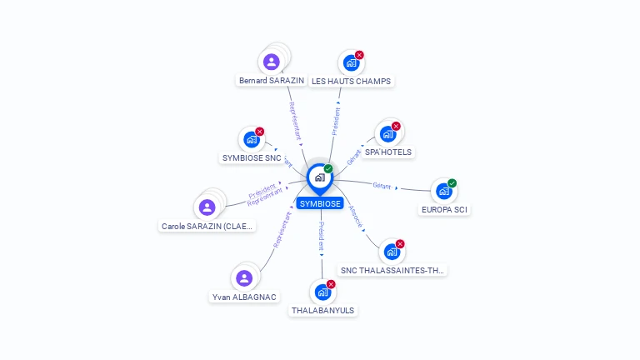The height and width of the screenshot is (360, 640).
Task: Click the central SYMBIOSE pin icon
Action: click(x=319, y=177)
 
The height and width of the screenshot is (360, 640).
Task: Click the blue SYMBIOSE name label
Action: click(x=320, y=203)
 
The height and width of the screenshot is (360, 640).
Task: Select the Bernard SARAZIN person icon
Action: click(x=271, y=62)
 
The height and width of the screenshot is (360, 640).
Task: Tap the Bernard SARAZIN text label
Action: click(x=271, y=81)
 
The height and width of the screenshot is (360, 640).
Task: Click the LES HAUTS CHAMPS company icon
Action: click(x=351, y=62)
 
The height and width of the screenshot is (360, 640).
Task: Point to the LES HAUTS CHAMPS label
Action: click(x=351, y=81)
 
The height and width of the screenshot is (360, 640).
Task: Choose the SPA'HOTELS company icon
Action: click(x=387, y=133)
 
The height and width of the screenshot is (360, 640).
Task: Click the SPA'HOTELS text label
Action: click(x=388, y=152)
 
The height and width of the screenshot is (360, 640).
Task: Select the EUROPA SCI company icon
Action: click(x=444, y=191)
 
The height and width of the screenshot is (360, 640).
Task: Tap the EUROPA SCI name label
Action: click(x=444, y=210)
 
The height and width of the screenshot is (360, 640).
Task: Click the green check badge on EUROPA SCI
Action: click(x=452, y=183)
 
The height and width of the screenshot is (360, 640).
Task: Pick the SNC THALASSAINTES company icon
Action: click(x=392, y=251)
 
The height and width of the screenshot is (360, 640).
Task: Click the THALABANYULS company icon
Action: click(x=322, y=292)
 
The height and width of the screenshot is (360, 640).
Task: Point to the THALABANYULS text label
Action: click(x=322, y=311)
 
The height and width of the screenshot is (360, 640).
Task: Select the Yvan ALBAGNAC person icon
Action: click(x=244, y=278)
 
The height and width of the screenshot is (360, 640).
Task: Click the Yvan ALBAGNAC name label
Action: click(x=244, y=297)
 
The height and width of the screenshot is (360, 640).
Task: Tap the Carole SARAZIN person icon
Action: click(x=207, y=207)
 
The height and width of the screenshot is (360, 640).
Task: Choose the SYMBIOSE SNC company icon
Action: click(x=251, y=139)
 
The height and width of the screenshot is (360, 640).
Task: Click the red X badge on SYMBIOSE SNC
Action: click(x=259, y=132)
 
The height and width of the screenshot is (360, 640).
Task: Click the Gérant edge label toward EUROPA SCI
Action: click(x=382, y=185)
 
